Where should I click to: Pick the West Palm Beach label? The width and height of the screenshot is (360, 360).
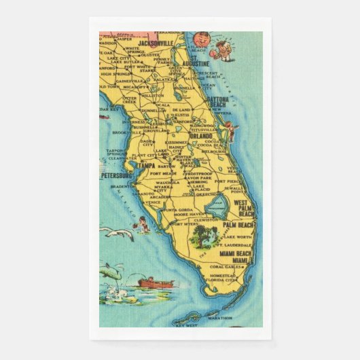pos(248,207)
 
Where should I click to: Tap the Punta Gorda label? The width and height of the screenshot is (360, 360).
pos(179,209)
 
